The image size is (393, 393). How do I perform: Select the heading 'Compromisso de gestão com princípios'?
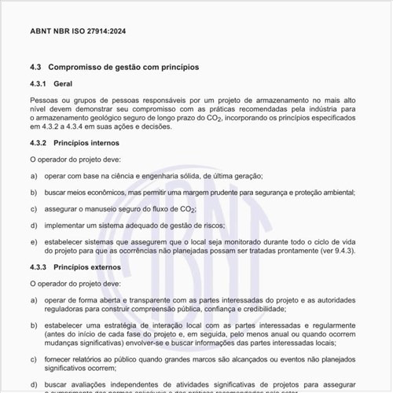[123, 68]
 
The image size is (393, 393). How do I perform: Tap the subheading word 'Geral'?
[64, 83]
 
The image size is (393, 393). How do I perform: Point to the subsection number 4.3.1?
[39, 83]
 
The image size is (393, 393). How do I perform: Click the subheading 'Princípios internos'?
[86, 143]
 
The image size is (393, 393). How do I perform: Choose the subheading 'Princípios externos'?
[88, 267]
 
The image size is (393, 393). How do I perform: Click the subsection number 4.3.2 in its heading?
[39, 143]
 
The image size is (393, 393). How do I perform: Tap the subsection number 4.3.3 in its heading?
[39, 267]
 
